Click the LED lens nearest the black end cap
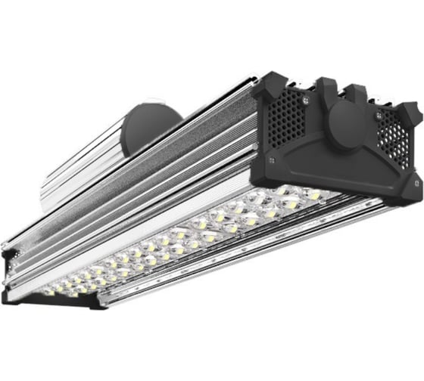click(312, 196)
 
